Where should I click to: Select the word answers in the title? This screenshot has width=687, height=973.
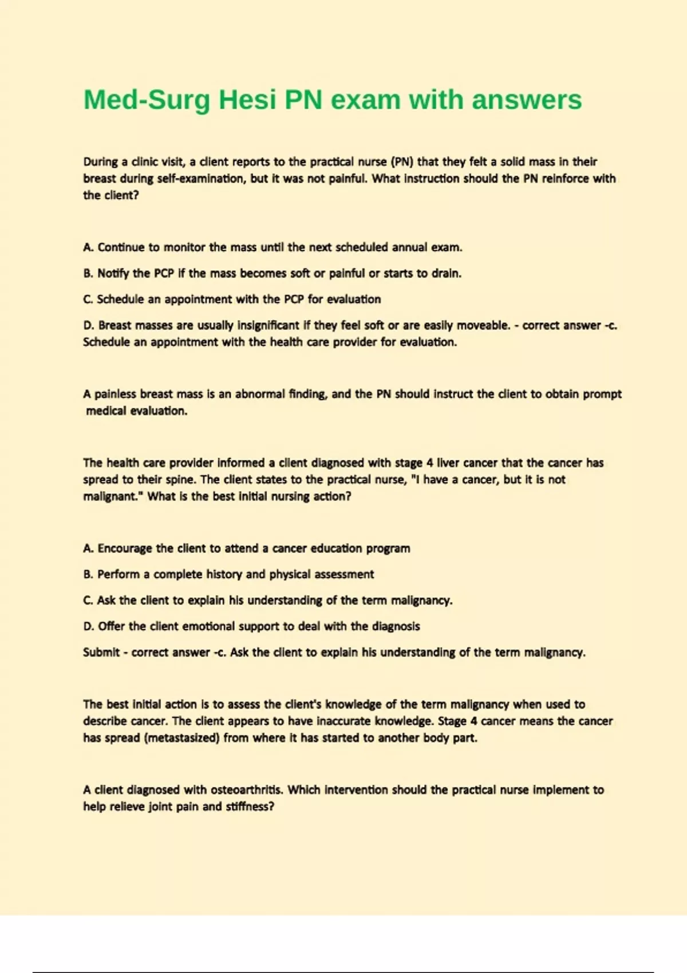(x=527, y=100)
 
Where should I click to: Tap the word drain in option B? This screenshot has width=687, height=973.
(x=446, y=274)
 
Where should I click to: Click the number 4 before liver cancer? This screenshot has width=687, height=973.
(x=429, y=463)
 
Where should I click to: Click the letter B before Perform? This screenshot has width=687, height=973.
(x=88, y=575)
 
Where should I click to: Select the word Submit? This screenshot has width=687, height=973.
(x=101, y=652)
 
